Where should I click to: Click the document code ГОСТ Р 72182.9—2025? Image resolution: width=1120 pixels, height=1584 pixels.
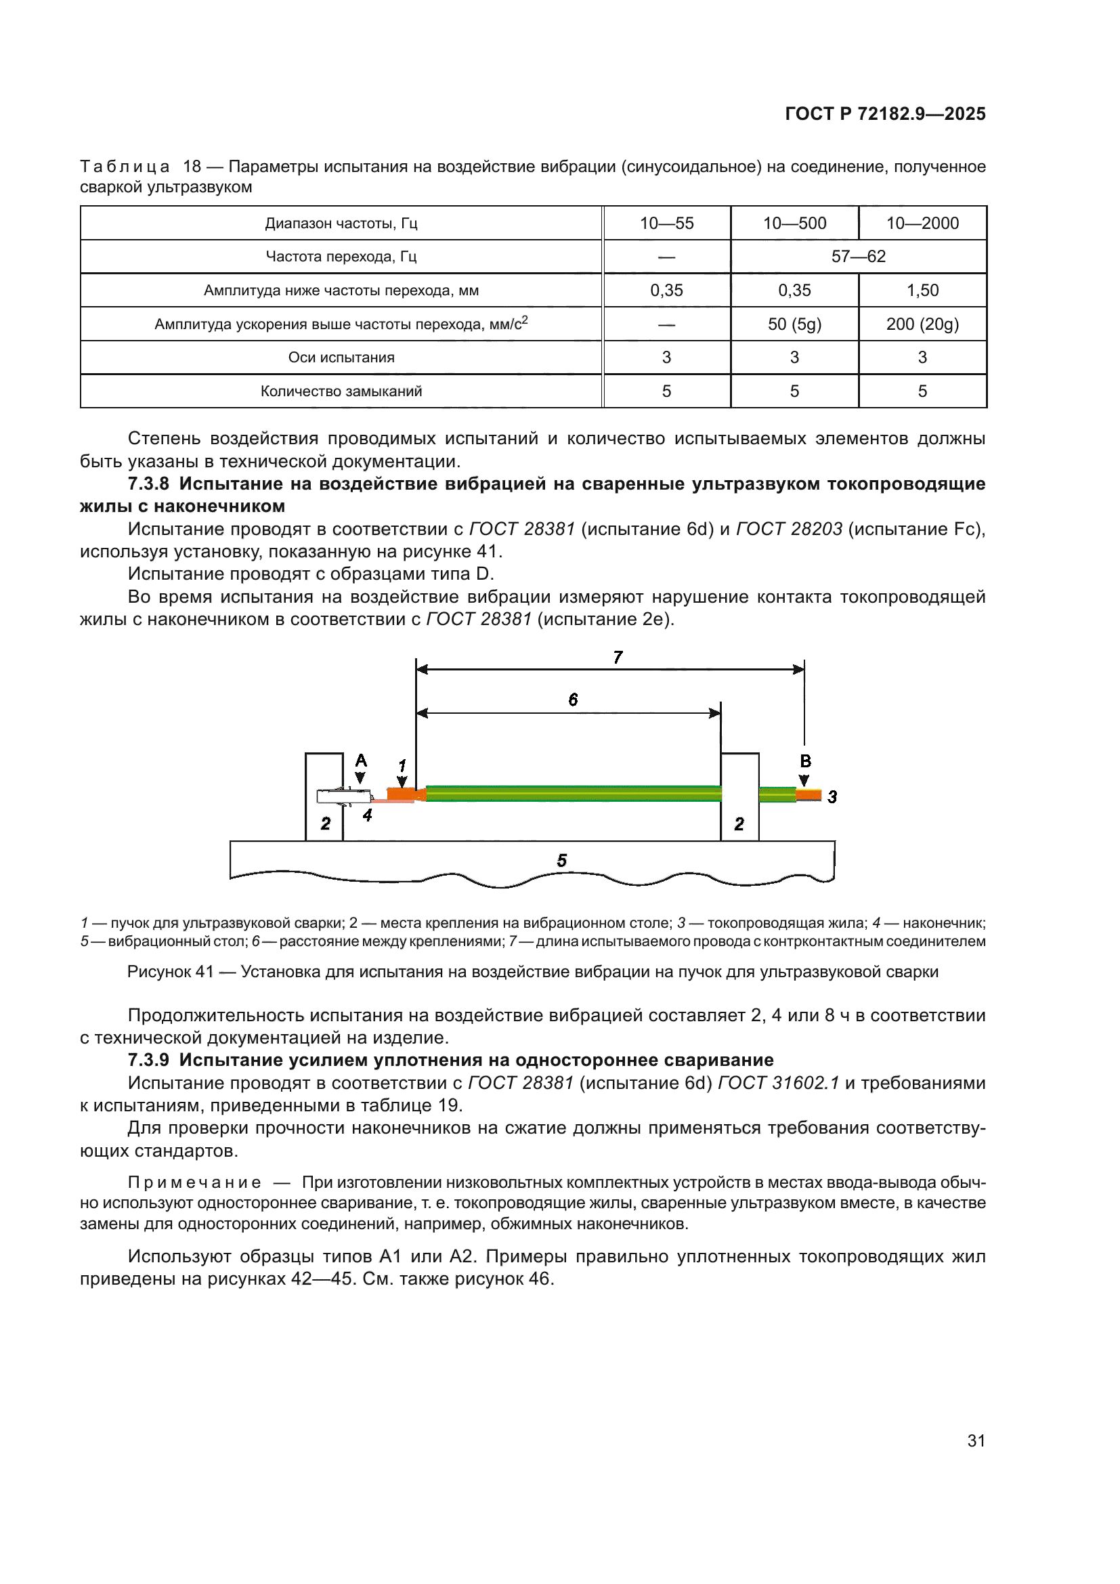(885, 114)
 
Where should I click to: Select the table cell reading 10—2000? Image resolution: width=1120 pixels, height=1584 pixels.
(922, 223)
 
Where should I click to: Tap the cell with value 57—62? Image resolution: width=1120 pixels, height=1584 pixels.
(858, 257)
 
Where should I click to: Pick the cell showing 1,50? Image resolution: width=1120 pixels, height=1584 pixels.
(922, 291)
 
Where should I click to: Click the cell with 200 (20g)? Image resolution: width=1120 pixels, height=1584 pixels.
(922, 324)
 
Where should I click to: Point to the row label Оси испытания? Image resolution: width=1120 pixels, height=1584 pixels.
(341, 358)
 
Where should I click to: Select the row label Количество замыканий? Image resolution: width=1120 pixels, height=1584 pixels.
(341, 391)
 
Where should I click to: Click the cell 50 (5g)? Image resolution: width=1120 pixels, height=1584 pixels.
(794, 324)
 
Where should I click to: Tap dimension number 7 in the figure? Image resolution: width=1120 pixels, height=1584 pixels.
(618, 658)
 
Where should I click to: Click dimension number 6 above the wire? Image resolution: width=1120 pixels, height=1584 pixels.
(573, 700)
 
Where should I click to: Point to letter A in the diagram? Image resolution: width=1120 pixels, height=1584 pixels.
(361, 761)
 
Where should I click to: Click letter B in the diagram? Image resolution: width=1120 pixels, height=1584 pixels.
(805, 762)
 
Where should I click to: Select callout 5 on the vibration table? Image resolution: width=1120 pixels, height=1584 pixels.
(562, 860)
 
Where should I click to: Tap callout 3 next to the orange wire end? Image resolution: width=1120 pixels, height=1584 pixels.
(832, 797)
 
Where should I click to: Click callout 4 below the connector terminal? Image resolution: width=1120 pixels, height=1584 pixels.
(368, 815)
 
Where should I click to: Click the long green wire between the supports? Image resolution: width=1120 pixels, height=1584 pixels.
(572, 794)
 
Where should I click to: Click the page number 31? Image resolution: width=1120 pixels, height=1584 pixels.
(976, 1440)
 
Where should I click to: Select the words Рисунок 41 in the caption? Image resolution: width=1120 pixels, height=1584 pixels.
(171, 971)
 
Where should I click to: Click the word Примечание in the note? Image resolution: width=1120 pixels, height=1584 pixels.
(194, 1182)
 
